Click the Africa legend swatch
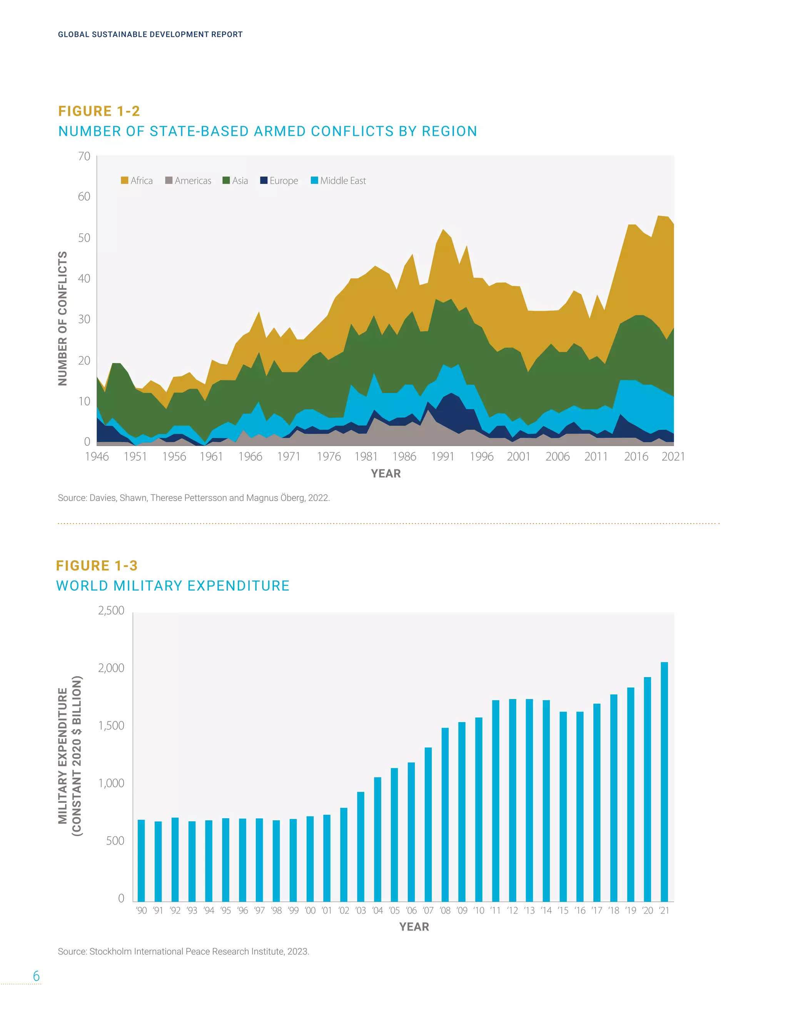pos(124,181)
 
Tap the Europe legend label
pos(283,181)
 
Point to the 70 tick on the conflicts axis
pos(84,156)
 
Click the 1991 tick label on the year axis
pos(442,456)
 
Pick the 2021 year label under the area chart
pos(673,456)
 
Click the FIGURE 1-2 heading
pos(99,111)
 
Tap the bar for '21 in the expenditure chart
pos(664,781)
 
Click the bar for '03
pos(361,846)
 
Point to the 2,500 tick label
pos(111,610)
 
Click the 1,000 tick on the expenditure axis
pos(111,783)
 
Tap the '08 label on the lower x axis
pos(445,910)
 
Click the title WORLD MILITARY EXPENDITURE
pos(173,586)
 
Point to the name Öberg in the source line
pos(293,498)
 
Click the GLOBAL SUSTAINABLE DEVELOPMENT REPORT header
pos(150,35)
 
